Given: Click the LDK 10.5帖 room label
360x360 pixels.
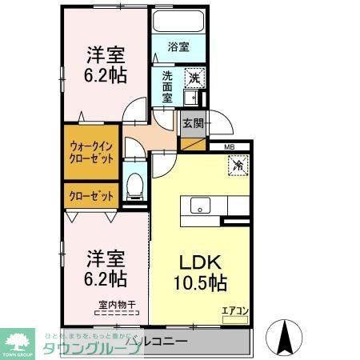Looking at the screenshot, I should click(201, 273).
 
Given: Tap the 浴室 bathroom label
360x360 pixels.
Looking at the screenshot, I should click(178, 47).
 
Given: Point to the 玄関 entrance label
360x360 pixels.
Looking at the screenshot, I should click(192, 123).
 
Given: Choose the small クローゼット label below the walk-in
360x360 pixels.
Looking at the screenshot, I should click(90, 195).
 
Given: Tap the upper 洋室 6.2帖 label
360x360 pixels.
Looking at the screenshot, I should click(106, 64).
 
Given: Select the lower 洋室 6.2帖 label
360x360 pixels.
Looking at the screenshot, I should click(106, 269).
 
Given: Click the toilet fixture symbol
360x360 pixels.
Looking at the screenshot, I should click(134, 185).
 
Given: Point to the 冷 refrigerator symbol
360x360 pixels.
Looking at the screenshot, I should click(238, 166).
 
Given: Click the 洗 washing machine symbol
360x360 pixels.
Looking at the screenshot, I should click(194, 78).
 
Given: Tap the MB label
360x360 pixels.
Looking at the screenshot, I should click(229, 146).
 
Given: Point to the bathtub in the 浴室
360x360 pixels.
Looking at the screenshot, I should click(178, 22).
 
